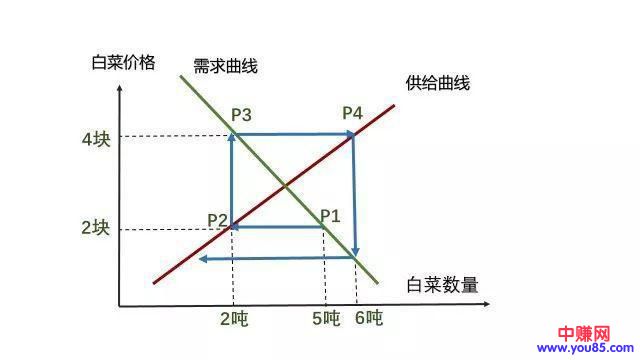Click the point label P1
[330, 215]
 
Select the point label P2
[218, 219]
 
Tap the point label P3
[241, 115]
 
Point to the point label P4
[351, 113]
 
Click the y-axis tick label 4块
[95, 137]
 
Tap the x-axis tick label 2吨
[233, 320]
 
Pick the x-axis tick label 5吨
[326, 320]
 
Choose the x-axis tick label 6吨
[368, 320]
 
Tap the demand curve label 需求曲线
[226, 66]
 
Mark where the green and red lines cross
[287, 186]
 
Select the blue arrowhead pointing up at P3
[233, 141]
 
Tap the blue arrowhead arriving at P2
[239, 227]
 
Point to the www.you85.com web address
[582, 349]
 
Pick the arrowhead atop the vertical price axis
[119, 93]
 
